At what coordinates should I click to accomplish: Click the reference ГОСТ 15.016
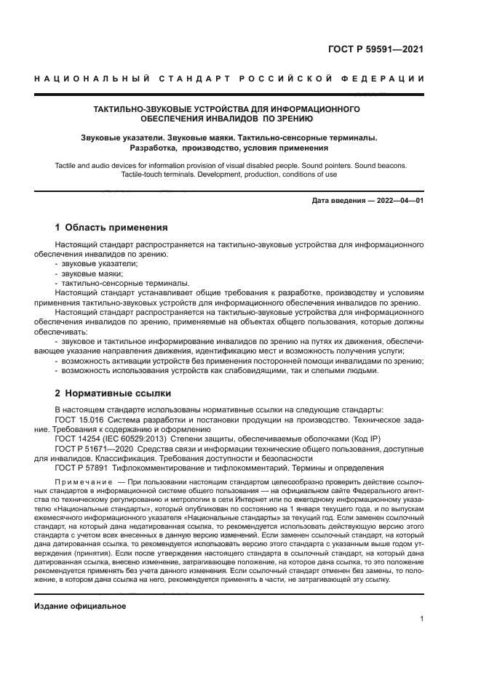[x=81, y=420]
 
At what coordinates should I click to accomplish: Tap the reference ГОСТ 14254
[x=79, y=439]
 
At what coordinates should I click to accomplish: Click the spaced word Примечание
[x=84, y=482]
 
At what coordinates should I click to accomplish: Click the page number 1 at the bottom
[x=421, y=619]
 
